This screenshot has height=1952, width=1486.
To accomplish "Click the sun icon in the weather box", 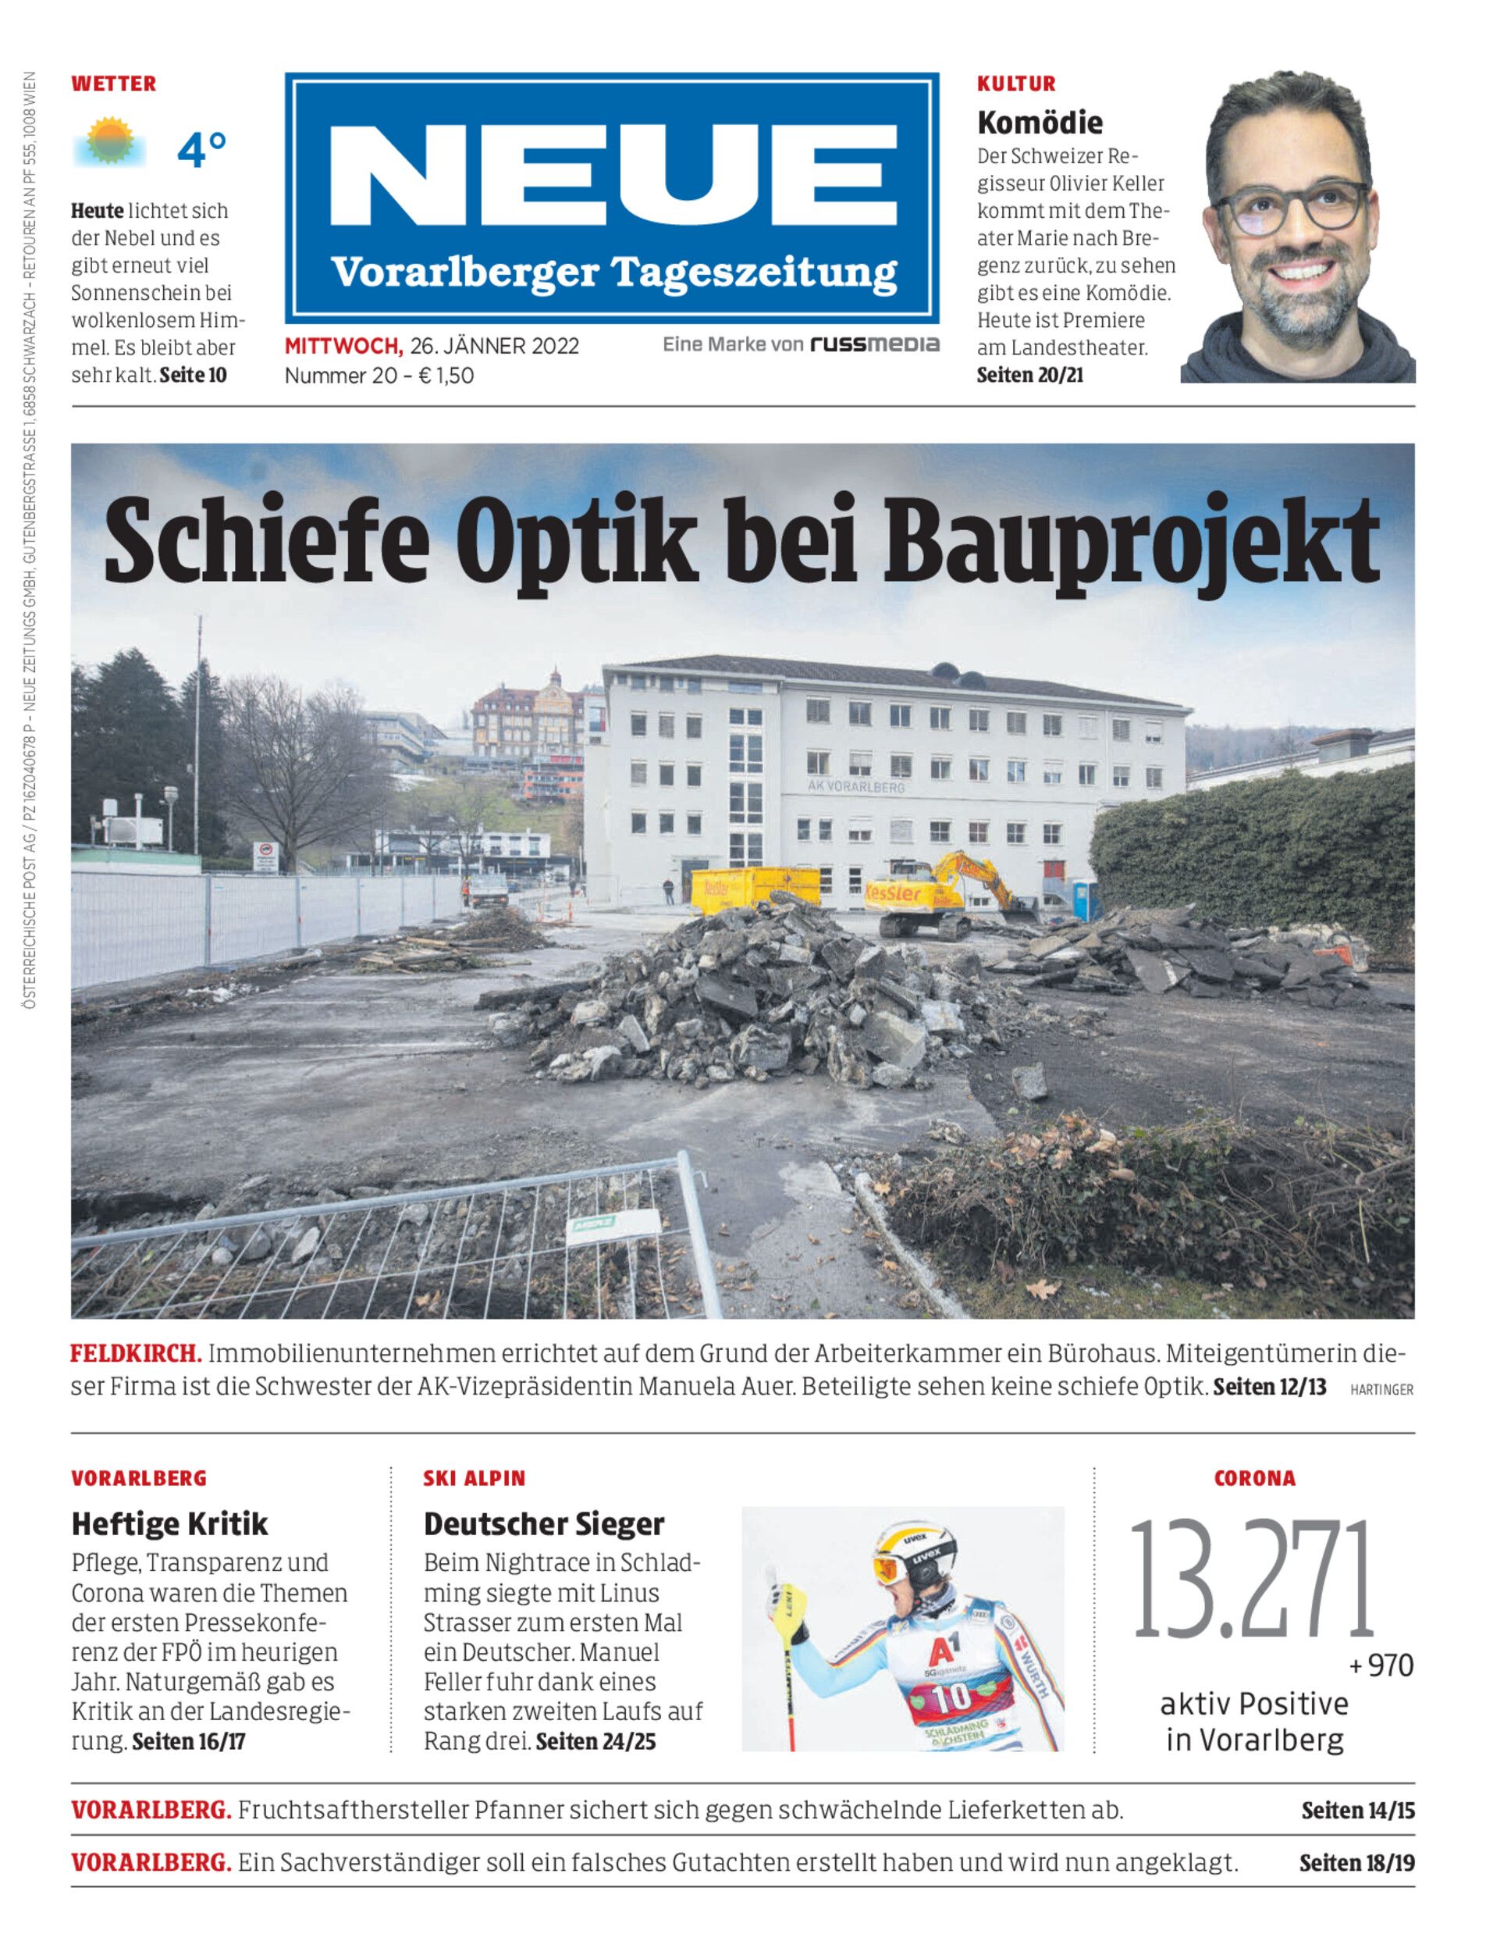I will [x=111, y=141].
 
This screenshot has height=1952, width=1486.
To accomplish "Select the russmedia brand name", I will [x=875, y=344].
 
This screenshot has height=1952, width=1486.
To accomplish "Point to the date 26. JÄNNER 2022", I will [x=495, y=346].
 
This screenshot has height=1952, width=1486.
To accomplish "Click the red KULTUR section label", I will [x=1016, y=84].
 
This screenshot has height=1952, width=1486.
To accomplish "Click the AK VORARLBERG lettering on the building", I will [x=855, y=785].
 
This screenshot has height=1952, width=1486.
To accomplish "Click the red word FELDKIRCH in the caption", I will [x=137, y=1355].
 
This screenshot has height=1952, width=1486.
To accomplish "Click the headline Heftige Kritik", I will [x=170, y=1523].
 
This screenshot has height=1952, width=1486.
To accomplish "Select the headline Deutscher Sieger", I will [x=543, y=1523].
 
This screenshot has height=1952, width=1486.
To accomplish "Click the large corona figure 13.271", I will [x=1253, y=1580].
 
